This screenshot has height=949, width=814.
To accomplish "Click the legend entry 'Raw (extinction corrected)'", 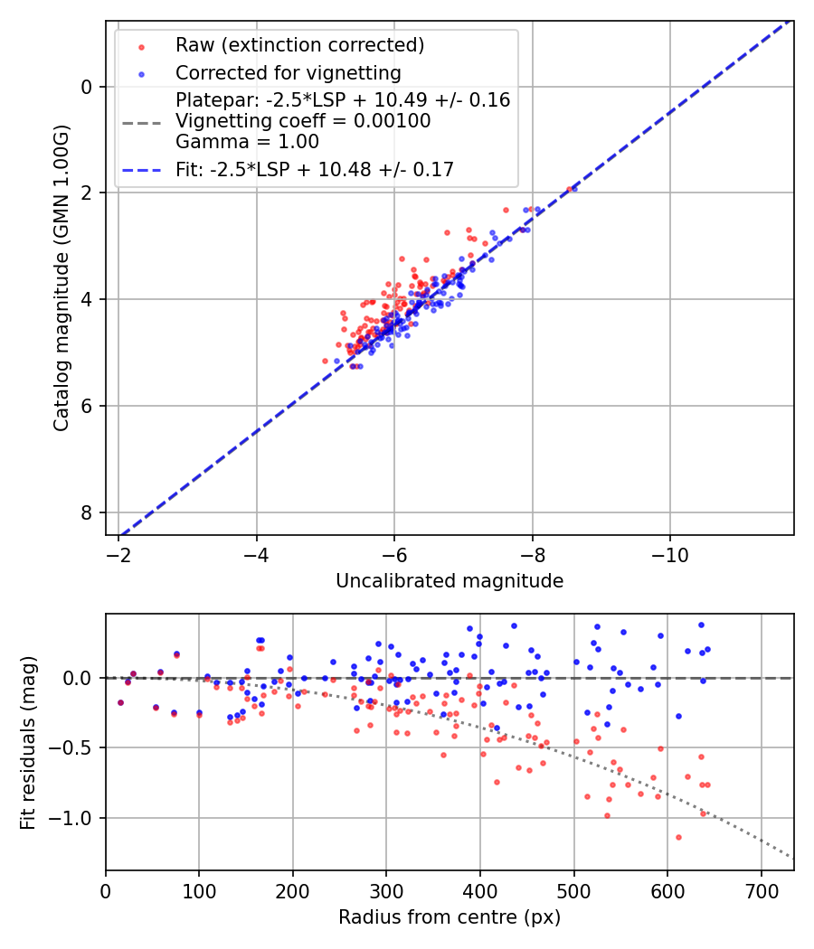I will coord(299,44).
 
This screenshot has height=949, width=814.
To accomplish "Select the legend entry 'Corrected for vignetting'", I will coord(289,73).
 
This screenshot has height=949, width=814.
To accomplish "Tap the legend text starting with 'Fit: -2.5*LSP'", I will coord(315,169).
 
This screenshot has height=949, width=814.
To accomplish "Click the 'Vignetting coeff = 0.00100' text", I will coord(303,121).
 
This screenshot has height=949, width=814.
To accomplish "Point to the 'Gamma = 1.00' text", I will coord(247,142).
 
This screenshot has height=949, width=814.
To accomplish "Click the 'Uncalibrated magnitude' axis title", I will coord(450,581).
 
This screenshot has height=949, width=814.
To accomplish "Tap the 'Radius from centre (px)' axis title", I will coord(450,917).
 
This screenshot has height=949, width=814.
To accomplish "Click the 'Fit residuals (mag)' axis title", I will coord(28,742).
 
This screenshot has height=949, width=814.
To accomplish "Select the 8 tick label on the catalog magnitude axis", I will coord(88,512).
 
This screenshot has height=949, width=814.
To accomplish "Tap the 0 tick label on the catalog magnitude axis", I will coord(88,87).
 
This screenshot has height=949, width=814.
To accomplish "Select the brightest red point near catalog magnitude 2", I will coord(573,188).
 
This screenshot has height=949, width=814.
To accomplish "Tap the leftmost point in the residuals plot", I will coord(120,702).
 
